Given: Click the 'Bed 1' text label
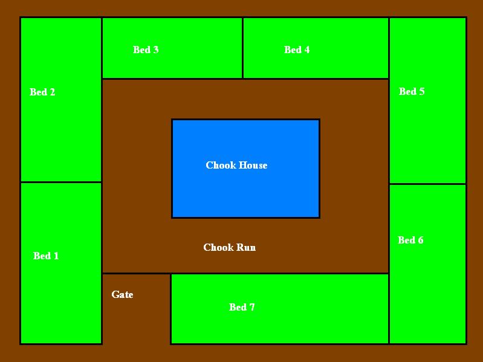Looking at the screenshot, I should point(46,256).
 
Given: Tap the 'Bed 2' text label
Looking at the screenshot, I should point(42,92).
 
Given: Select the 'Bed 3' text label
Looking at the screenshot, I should point(146,50).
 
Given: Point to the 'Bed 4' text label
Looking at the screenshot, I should point(297,50).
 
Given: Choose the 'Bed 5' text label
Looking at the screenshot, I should point(412,91).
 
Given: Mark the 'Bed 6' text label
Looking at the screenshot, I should point(410,240).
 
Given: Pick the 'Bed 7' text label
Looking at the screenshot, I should point(242,307).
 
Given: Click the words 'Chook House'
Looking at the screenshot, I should point(236,165).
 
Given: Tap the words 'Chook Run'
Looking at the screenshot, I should point(229,247).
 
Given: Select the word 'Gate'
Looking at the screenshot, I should point(122,294).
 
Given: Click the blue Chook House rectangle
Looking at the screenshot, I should point(245,193).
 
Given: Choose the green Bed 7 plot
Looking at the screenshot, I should point(314,320).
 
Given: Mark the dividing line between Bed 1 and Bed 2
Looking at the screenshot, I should point(61,182).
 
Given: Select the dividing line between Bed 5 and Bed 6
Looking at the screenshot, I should point(427,184).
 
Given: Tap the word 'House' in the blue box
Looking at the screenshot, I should point(254,165).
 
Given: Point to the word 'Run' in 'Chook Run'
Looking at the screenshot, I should point(246,247).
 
